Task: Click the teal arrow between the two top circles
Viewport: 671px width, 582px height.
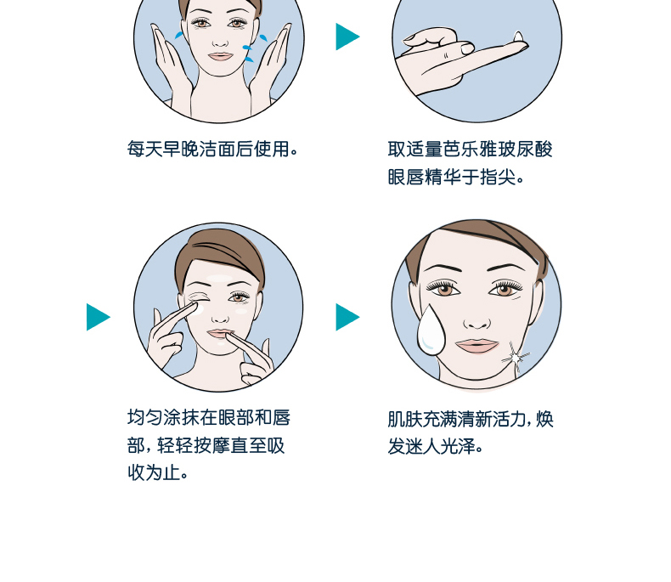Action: pos(347,37)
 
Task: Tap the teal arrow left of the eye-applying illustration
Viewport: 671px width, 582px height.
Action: pos(98,317)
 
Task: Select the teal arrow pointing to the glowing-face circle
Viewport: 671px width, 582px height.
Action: pos(347,317)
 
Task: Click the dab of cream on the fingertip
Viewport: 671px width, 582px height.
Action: pos(518,37)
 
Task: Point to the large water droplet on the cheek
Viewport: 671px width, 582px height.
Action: pos(431,331)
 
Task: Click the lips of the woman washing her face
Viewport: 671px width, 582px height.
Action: pos(220,56)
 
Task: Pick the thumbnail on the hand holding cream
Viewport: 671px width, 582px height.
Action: pos(467,48)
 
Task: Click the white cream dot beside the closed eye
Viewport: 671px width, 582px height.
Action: pos(198,308)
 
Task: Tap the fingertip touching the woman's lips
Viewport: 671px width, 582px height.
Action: pos(229,336)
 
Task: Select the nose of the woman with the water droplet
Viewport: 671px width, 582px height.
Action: pos(476,323)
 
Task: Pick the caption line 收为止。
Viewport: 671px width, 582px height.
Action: pos(157,473)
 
